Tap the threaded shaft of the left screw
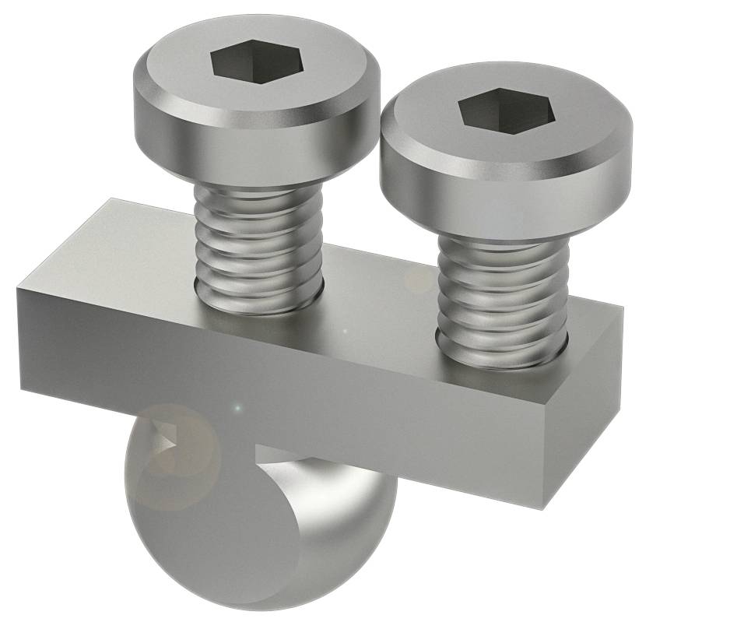click(x=257, y=241)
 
